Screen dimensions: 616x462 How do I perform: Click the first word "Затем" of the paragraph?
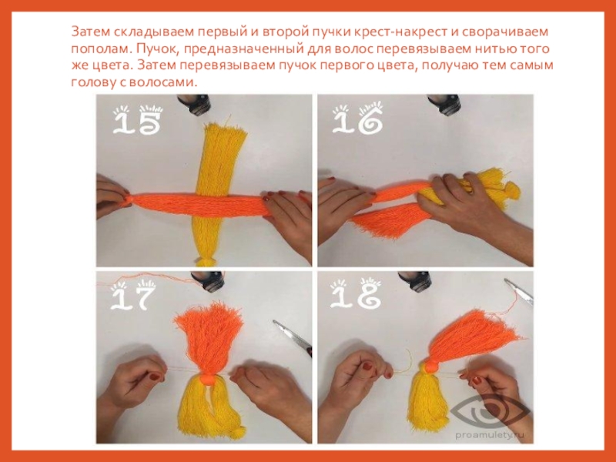pyautogui.click(x=91, y=32)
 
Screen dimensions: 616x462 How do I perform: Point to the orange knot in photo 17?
pyautogui.click(x=207, y=380)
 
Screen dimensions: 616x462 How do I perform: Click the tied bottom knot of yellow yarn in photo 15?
pyautogui.click(x=204, y=262)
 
